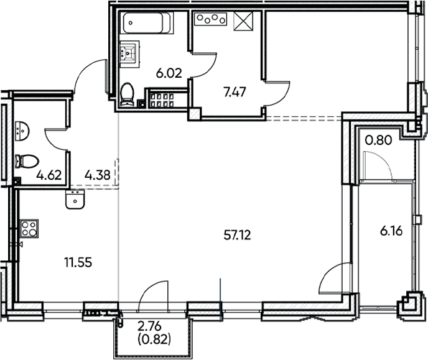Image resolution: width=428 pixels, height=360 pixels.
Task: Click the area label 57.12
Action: coord(240,235)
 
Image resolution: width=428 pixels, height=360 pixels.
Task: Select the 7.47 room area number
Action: coord(235,93)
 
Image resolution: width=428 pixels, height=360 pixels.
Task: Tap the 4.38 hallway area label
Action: coord(98,175)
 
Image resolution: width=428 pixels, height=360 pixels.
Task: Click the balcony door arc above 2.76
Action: coord(152,293)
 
